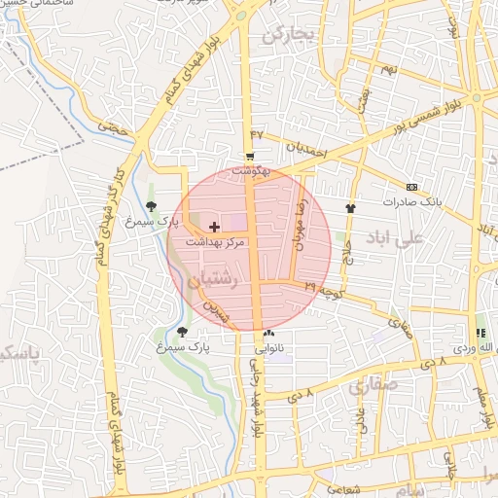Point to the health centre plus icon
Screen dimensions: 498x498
[x=214, y=226]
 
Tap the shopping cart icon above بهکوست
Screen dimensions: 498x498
[x=250, y=157]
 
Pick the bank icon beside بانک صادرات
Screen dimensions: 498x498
[x=411, y=187]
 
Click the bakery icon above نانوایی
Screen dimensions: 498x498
[x=269, y=332]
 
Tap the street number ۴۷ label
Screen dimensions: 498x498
[x=257, y=133]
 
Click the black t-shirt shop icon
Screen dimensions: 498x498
[x=350, y=207]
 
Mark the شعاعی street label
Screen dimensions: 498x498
[x=341, y=490]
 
